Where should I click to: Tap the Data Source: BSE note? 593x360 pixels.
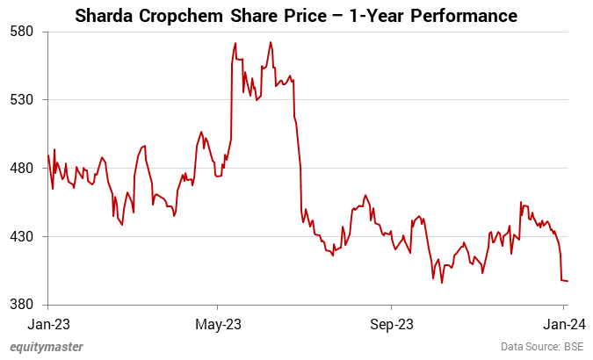[542, 347]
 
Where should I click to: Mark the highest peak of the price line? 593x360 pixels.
[235, 42]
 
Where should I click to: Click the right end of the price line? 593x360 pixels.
[568, 281]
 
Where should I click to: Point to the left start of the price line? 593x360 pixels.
[49, 156]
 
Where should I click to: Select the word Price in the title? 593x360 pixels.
[307, 16]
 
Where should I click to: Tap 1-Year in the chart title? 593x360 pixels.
[383, 16]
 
